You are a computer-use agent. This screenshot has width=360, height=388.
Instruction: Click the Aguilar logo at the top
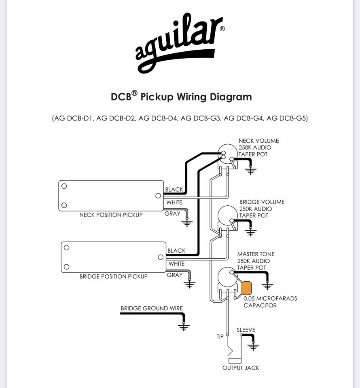[180, 43]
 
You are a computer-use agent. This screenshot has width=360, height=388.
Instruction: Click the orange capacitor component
[247, 288]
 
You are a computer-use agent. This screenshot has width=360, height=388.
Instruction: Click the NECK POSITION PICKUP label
[111, 215]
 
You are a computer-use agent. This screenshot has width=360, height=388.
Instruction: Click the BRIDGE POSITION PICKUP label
[113, 276]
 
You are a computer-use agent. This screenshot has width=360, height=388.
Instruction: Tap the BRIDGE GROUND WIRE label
[152, 308]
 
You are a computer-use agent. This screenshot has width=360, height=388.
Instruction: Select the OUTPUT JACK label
[241, 368]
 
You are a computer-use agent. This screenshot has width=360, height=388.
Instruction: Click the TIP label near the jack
[220, 337]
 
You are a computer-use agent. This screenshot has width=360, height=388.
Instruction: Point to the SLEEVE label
[246, 330]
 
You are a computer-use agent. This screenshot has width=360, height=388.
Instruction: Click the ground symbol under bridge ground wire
[184, 327]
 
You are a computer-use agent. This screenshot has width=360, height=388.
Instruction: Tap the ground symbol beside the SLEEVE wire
[253, 346]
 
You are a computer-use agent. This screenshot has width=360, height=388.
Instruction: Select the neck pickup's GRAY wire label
[172, 213]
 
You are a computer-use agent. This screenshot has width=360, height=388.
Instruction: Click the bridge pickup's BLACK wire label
[176, 251]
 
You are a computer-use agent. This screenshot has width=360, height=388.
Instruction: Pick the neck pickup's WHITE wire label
[174, 202]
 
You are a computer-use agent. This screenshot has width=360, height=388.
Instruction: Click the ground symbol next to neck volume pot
[250, 170]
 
